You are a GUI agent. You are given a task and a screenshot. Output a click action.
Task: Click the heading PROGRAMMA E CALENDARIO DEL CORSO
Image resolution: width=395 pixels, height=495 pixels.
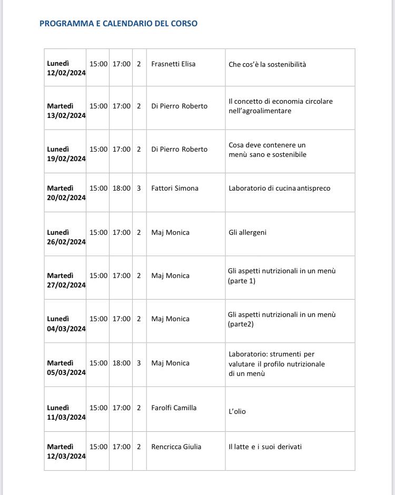[x=118, y=24]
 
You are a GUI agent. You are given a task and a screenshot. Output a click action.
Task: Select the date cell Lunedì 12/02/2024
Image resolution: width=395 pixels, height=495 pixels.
[x=66, y=68]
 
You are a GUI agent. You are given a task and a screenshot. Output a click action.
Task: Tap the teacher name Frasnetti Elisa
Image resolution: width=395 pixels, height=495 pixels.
[x=173, y=64]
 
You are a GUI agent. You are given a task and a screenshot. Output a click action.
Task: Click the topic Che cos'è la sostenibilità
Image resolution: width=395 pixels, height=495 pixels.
[x=267, y=65]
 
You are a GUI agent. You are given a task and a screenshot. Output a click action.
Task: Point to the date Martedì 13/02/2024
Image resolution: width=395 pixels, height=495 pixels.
[x=66, y=111]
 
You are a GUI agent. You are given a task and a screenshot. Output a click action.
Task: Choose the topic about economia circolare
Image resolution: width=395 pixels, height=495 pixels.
[x=280, y=106]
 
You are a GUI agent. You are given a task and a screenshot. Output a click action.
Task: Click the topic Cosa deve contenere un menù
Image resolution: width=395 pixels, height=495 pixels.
[x=267, y=150]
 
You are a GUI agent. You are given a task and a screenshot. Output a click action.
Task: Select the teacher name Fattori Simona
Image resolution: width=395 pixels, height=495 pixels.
[x=175, y=188]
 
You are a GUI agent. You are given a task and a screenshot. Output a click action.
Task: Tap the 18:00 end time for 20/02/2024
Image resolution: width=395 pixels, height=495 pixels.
[x=121, y=188]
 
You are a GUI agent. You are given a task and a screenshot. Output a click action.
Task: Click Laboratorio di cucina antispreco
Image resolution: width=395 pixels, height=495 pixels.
[x=279, y=188]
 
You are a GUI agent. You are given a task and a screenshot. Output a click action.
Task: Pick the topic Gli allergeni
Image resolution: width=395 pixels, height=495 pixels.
[x=248, y=232]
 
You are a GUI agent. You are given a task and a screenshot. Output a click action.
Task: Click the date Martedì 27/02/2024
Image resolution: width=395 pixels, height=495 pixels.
[x=66, y=280]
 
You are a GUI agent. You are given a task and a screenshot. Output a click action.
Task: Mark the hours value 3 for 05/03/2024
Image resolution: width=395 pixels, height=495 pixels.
[x=139, y=363]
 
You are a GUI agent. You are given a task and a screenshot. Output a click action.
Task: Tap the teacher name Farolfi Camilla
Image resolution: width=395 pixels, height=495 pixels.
[x=174, y=408]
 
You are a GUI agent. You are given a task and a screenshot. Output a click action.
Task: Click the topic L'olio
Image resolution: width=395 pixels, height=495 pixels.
[x=237, y=411]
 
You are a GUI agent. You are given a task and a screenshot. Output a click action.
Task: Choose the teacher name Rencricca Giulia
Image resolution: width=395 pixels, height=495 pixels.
[x=176, y=447]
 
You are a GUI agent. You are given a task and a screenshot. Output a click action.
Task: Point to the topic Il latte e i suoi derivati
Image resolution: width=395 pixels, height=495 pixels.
[x=265, y=447]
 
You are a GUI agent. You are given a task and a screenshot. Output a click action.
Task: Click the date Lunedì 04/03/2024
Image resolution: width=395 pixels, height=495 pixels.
[x=66, y=324]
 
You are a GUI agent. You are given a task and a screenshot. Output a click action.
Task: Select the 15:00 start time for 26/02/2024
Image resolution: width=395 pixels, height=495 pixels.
[x=98, y=232]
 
